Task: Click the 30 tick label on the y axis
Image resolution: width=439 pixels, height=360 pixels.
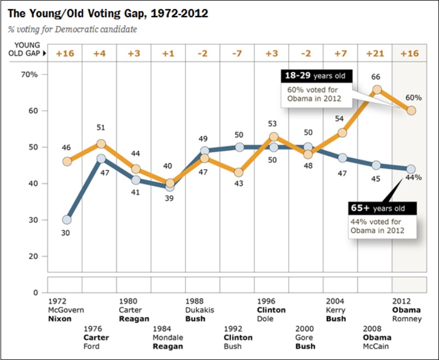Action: [x=32, y=220]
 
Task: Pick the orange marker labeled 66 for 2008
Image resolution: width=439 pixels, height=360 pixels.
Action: [x=377, y=89]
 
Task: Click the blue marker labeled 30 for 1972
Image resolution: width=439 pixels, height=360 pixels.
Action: [x=67, y=220]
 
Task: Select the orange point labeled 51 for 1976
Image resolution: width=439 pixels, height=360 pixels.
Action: [x=101, y=144]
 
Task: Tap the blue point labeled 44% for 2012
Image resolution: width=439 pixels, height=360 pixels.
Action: [x=411, y=169]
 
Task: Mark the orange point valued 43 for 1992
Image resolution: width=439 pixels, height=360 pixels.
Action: [x=239, y=173]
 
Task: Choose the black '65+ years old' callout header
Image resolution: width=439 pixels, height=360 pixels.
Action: [x=383, y=208]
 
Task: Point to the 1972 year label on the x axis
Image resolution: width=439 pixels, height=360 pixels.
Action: [x=57, y=301]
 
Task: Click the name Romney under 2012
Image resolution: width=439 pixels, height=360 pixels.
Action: [x=407, y=318]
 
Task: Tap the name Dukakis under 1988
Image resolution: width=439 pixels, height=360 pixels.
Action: [x=200, y=310]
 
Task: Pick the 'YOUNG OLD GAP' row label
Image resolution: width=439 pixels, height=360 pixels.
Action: [x=28, y=49]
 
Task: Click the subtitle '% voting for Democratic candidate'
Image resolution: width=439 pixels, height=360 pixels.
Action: [x=72, y=29]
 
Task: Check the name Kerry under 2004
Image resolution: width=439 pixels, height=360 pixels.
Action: [x=336, y=310]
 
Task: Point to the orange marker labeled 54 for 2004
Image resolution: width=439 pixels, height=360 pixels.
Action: [x=342, y=133]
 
